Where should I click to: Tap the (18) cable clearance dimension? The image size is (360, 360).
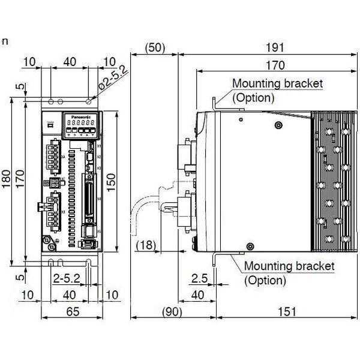pyautogui.click(x=148, y=244)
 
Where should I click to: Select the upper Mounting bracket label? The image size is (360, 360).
pyautogui.click(x=277, y=83)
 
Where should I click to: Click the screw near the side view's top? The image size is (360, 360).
pyautogui.click(x=278, y=125)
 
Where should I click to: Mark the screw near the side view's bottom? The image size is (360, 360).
pyautogui.click(x=248, y=244)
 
